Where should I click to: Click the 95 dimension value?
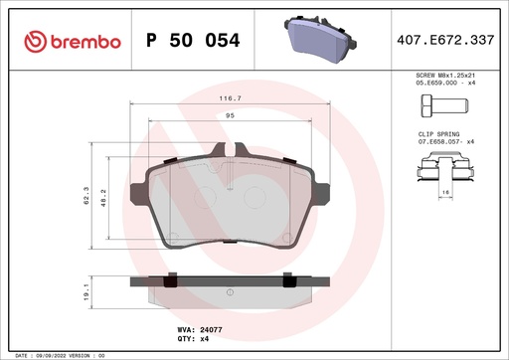231,116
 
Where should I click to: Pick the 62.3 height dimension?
88,199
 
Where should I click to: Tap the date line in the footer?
60,354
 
